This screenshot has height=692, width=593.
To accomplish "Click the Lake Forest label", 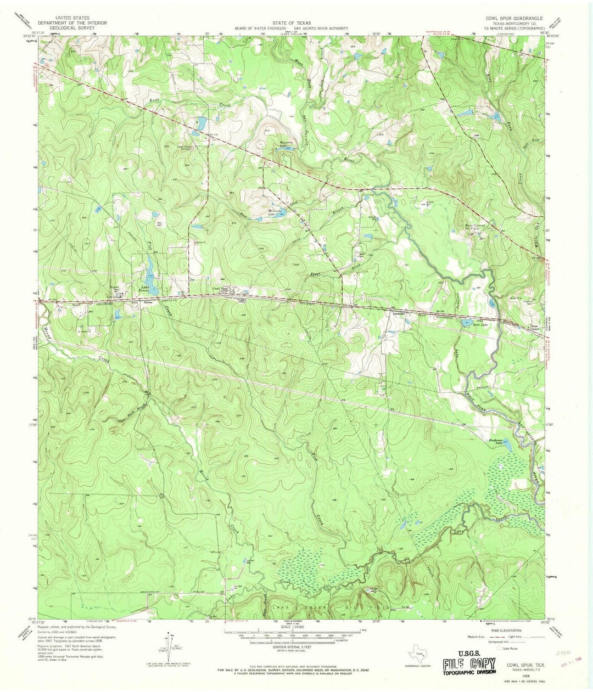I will coord(146,289).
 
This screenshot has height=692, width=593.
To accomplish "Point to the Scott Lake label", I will coord(481,325).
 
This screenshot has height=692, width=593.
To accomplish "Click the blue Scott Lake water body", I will coord(469,322).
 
